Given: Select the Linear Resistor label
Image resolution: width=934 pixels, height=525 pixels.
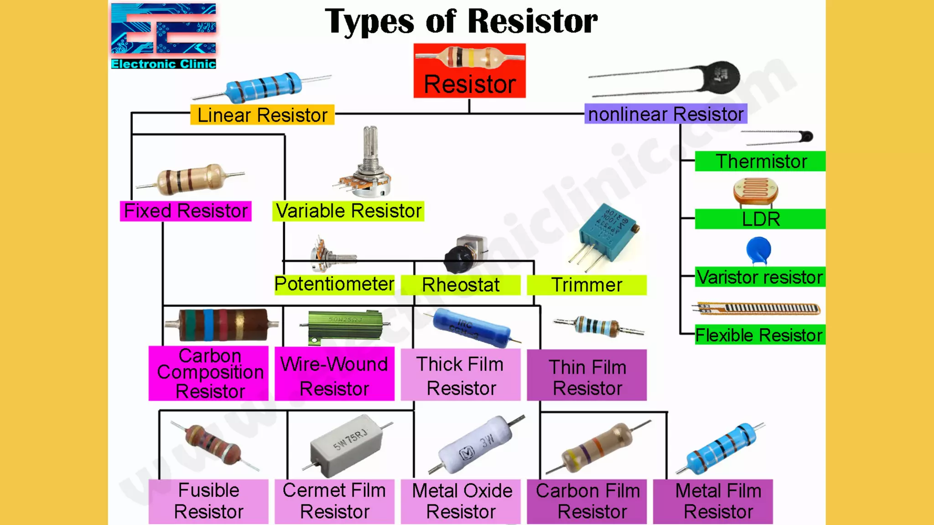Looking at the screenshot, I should click(262, 115).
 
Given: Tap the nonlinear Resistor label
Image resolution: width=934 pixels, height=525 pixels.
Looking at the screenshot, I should click(665, 114).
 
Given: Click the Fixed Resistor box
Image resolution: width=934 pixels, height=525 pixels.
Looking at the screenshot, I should click(186, 211).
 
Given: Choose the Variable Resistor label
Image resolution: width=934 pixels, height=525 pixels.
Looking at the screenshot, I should click(348, 211).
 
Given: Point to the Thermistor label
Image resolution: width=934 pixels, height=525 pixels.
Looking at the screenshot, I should click(760, 161).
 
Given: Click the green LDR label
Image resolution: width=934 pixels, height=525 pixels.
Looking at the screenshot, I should click(760, 219).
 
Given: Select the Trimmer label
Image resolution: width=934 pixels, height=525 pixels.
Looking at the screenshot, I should click(586, 285).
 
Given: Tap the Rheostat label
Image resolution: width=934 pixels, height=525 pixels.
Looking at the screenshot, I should click(461, 285).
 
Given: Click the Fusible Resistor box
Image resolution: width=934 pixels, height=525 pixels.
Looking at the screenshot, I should click(208, 501).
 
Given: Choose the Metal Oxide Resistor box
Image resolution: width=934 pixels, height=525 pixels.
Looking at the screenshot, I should click(461, 501).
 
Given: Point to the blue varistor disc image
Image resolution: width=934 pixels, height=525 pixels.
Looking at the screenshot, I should click(758, 250).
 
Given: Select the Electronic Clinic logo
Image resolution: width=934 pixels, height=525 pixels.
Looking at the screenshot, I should click(163, 36).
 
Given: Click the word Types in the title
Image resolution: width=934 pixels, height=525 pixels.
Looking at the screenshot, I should click(369, 22).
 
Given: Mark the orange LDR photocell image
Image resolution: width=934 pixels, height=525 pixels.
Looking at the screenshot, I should click(756, 191).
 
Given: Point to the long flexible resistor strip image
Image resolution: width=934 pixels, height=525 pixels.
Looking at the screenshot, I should click(757, 309).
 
